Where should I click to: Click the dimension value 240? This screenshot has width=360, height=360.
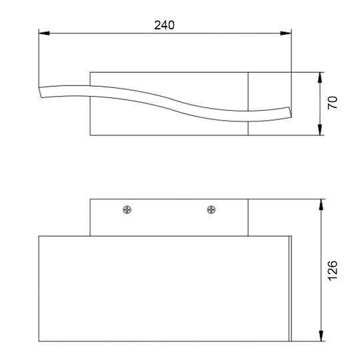(164, 25)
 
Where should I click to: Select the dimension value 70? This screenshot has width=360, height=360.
(333, 103)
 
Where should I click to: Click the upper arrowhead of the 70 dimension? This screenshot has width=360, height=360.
(322, 75)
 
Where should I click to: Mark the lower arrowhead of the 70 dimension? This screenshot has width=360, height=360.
(322, 131)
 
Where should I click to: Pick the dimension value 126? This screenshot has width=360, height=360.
(333, 271)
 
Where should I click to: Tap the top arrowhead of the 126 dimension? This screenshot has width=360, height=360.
(322, 203)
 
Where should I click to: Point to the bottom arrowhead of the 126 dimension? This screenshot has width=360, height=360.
(322, 338)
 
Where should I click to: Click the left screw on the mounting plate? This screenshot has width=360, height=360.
(127, 210)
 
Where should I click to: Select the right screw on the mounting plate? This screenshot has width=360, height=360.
(211, 210)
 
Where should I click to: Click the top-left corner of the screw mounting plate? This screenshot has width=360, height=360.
(90, 199)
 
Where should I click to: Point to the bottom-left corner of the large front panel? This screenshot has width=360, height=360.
(39, 342)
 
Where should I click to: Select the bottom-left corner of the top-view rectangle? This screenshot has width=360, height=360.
(90, 135)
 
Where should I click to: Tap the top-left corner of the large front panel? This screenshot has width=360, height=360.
(39, 236)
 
